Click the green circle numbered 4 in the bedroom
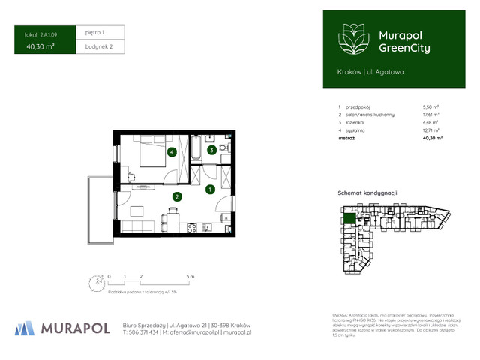coord(172,153)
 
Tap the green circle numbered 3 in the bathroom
coord(212,150)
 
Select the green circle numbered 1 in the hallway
coord(211,190)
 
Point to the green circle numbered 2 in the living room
coord(177,197)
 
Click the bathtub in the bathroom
coord(196,148)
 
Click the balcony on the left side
coord(99,210)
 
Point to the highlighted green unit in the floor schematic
coord(349,219)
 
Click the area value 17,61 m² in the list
coord(431,115)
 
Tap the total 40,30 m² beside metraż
coord(432,139)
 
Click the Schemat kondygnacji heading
coord(362,193)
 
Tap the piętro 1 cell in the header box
coord(95,32)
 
